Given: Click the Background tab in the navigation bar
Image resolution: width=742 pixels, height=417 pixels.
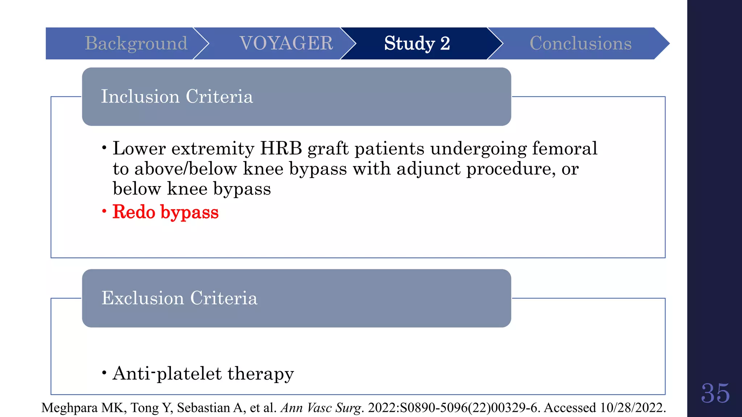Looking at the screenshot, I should click(x=136, y=43).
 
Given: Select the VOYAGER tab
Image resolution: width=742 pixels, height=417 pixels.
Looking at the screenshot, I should click(x=286, y=43).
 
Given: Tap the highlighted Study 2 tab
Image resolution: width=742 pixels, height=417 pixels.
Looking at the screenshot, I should click(x=417, y=43).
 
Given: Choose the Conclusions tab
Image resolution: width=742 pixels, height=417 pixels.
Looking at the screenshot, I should click(x=580, y=43).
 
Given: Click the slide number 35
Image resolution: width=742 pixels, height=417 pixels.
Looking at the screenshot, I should click(x=715, y=393).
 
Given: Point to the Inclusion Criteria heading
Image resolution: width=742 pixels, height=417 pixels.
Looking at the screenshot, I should click(x=177, y=97).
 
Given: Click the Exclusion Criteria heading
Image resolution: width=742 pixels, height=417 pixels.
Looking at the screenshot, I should click(x=179, y=298).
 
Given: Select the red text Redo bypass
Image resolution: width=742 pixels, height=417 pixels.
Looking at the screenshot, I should click(x=166, y=212).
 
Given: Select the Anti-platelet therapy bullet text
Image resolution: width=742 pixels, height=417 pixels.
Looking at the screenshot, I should click(x=203, y=374).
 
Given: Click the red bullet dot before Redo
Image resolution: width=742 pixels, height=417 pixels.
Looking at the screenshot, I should click(x=104, y=211).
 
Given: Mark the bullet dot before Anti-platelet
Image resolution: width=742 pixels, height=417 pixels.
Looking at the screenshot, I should click(x=104, y=372).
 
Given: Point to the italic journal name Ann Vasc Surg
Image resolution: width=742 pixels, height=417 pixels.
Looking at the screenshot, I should click(x=321, y=408).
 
